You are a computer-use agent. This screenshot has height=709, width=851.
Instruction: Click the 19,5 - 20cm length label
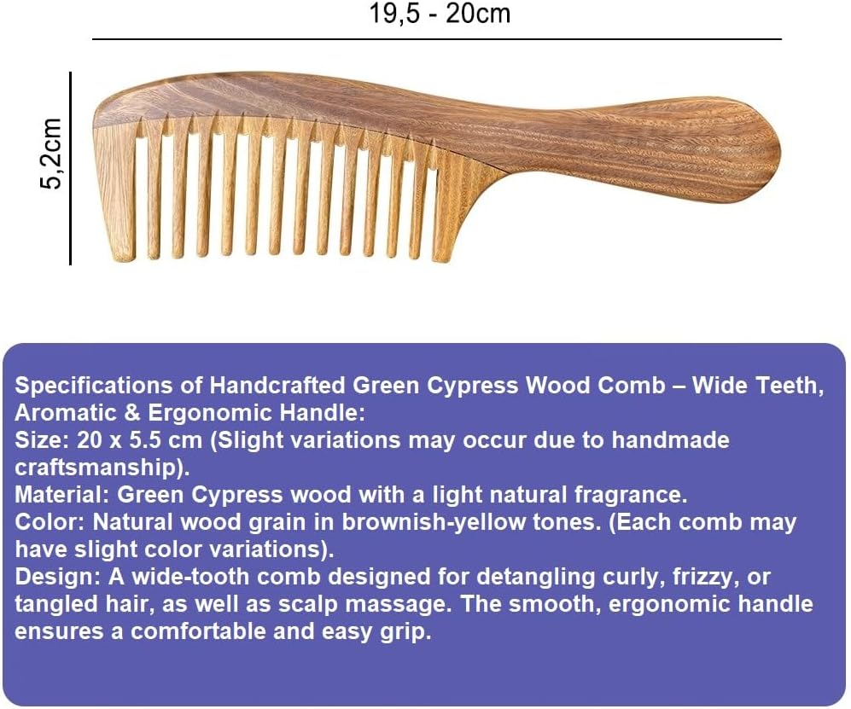point(440,14)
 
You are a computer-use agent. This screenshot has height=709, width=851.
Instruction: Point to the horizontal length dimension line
point(436,39)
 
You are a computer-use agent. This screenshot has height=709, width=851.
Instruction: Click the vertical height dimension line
point(70,168)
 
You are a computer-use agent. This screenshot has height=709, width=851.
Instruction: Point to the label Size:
point(38,440)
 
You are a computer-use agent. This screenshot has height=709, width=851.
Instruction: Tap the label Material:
point(62,495)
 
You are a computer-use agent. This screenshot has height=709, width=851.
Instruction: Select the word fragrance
point(627,495)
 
